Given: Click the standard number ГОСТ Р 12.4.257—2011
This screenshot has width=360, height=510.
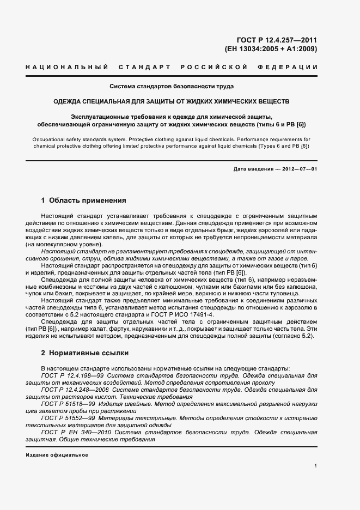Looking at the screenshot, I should click(x=278, y=40).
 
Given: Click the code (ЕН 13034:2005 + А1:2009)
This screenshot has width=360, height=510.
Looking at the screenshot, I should click(x=271, y=48).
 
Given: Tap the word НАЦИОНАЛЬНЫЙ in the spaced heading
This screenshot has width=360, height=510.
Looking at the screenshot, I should click(x=65, y=67).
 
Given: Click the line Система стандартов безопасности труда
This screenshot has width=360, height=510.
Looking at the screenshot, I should click(x=172, y=87).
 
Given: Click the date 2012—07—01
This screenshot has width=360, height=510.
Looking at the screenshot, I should click(x=300, y=169).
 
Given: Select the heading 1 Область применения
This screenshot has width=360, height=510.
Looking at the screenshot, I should click(x=84, y=200).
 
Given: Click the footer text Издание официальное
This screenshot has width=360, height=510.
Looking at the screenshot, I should click(x=57, y=454).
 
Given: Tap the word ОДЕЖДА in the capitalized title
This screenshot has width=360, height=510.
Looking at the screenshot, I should click(x=69, y=101).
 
